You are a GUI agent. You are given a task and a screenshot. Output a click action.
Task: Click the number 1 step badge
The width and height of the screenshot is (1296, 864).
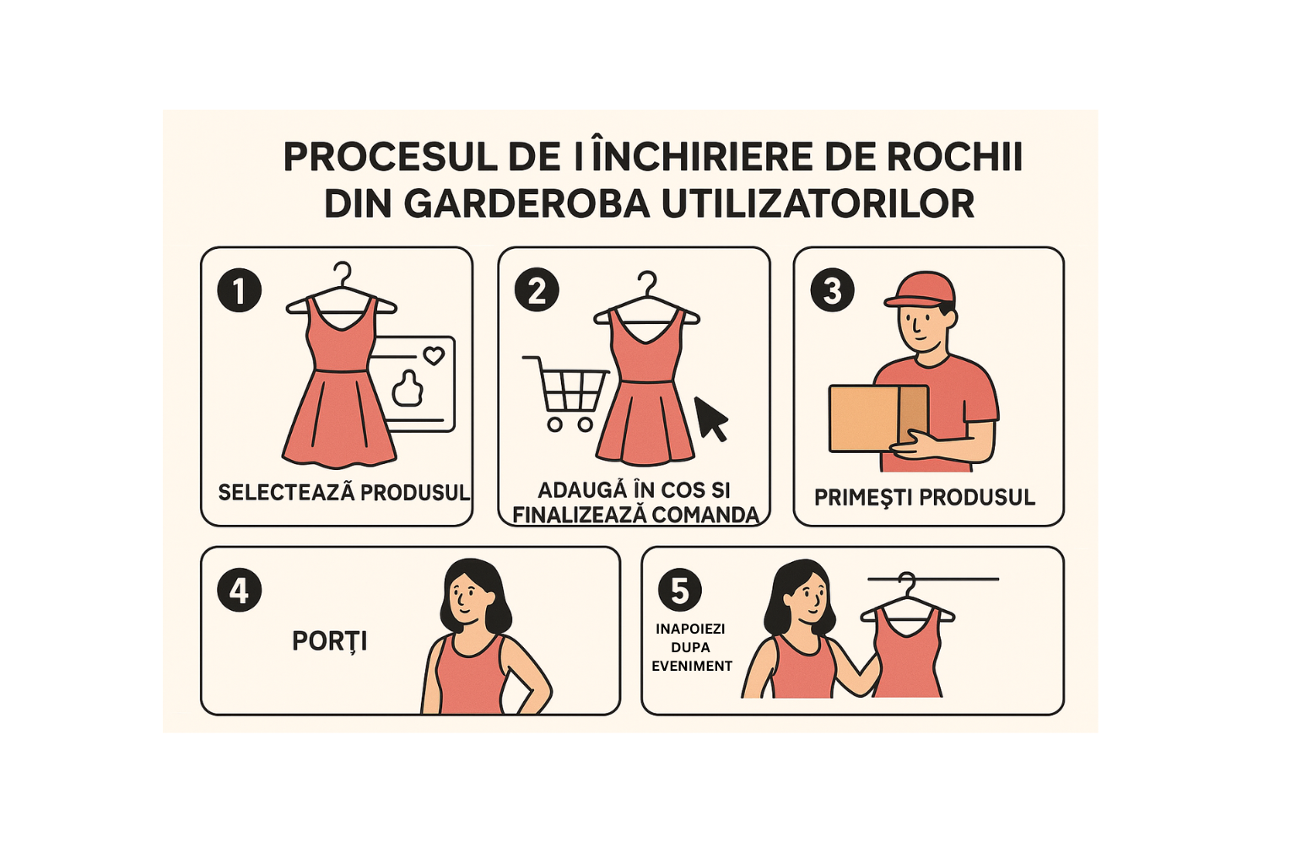click(239, 290)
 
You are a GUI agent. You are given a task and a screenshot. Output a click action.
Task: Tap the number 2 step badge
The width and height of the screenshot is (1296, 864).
click(537, 290)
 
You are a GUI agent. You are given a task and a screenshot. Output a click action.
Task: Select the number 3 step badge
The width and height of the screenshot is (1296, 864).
click(832, 290)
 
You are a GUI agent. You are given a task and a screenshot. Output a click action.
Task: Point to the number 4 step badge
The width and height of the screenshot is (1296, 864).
click(239, 591)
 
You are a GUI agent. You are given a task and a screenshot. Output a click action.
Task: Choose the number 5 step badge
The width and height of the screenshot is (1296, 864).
click(680, 591)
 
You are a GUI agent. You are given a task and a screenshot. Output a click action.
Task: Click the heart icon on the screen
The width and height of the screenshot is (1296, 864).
click(434, 355)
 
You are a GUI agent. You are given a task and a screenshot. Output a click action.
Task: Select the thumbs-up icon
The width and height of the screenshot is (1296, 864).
click(408, 388)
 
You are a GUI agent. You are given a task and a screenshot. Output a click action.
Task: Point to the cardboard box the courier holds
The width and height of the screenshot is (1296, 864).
click(878, 418)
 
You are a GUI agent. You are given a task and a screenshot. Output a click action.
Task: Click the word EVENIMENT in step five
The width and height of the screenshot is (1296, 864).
click(692, 666)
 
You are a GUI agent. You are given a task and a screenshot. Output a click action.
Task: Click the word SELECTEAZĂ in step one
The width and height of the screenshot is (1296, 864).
click(286, 493)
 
